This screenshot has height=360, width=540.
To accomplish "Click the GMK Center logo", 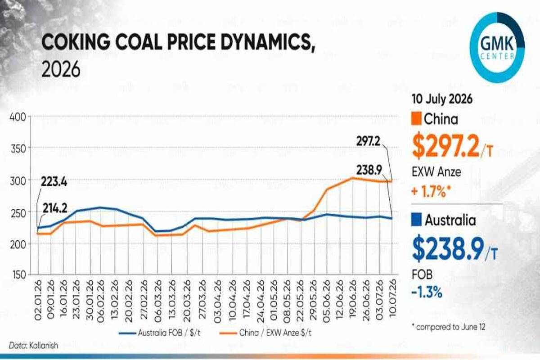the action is pos(497,48).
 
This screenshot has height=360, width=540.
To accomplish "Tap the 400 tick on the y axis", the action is pos(18,117).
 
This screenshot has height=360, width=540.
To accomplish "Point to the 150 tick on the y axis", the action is pos(18,275).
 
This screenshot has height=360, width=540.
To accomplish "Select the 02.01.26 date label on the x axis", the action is pos(38,300).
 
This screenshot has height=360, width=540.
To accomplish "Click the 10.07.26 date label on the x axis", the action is pos(392,299).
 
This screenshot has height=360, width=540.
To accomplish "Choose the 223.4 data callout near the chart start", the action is pos(54,181).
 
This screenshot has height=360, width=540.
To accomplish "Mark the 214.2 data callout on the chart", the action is pos(55,208).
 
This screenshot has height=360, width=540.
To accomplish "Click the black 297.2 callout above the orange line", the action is pos(368,141).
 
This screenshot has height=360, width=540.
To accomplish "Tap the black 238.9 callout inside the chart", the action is pos(369,170).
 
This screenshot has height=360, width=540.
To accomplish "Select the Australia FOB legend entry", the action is pos(160,333).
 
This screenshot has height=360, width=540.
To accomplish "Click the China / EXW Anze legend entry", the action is pos(265,333).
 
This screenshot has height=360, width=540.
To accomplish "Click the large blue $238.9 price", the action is pos(454,248).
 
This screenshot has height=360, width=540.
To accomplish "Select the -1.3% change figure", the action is pos(427,293).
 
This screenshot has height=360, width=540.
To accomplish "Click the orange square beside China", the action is pos(416,119).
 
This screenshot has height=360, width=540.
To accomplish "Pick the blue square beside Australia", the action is pos(416,220).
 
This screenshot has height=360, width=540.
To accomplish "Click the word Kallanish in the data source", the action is pos(44,346).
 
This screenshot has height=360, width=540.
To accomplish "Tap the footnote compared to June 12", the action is pos(448,327).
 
